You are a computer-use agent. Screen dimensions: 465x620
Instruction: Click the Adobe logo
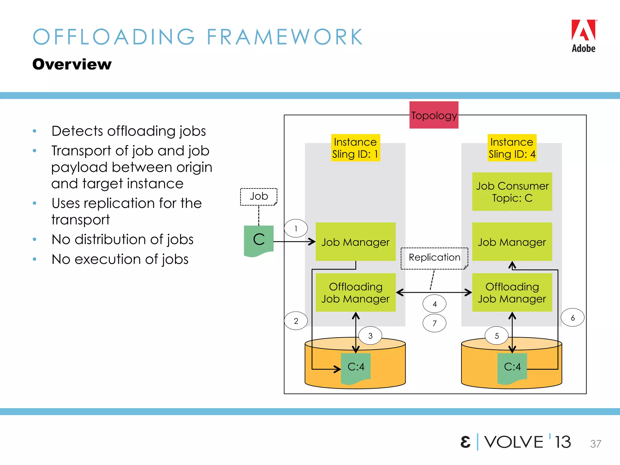click(x=583, y=36)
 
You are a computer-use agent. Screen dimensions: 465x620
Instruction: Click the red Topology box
click(x=434, y=115)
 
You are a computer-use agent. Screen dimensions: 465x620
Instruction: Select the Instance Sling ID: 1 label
click(x=355, y=148)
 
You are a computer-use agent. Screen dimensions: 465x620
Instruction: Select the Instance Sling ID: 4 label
click(x=512, y=148)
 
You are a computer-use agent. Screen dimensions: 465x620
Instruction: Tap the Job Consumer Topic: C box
click(x=512, y=192)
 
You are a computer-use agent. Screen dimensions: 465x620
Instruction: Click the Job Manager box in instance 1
click(x=355, y=242)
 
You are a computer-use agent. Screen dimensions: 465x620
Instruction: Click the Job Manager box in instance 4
click(x=512, y=242)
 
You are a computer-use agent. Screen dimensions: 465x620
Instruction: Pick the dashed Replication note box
click(x=434, y=258)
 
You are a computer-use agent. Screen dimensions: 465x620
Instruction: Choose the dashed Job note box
click(x=259, y=196)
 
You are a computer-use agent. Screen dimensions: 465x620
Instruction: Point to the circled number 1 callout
click(x=296, y=228)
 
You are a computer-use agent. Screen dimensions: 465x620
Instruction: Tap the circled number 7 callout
click(x=434, y=323)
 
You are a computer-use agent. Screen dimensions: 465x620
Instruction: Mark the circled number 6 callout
click(x=572, y=318)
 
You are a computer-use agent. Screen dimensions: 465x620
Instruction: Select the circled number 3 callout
click(x=370, y=335)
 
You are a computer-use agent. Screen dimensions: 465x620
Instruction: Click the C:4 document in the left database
click(x=356, y=367)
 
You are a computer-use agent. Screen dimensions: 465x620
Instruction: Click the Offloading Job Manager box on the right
click(x=512, y=292)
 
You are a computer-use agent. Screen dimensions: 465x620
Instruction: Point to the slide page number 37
click(x=595, y=444)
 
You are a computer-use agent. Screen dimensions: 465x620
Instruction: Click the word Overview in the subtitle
click(x=72, y=64)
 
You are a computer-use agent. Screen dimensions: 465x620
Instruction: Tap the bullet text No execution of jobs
click(x=120, y=259)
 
